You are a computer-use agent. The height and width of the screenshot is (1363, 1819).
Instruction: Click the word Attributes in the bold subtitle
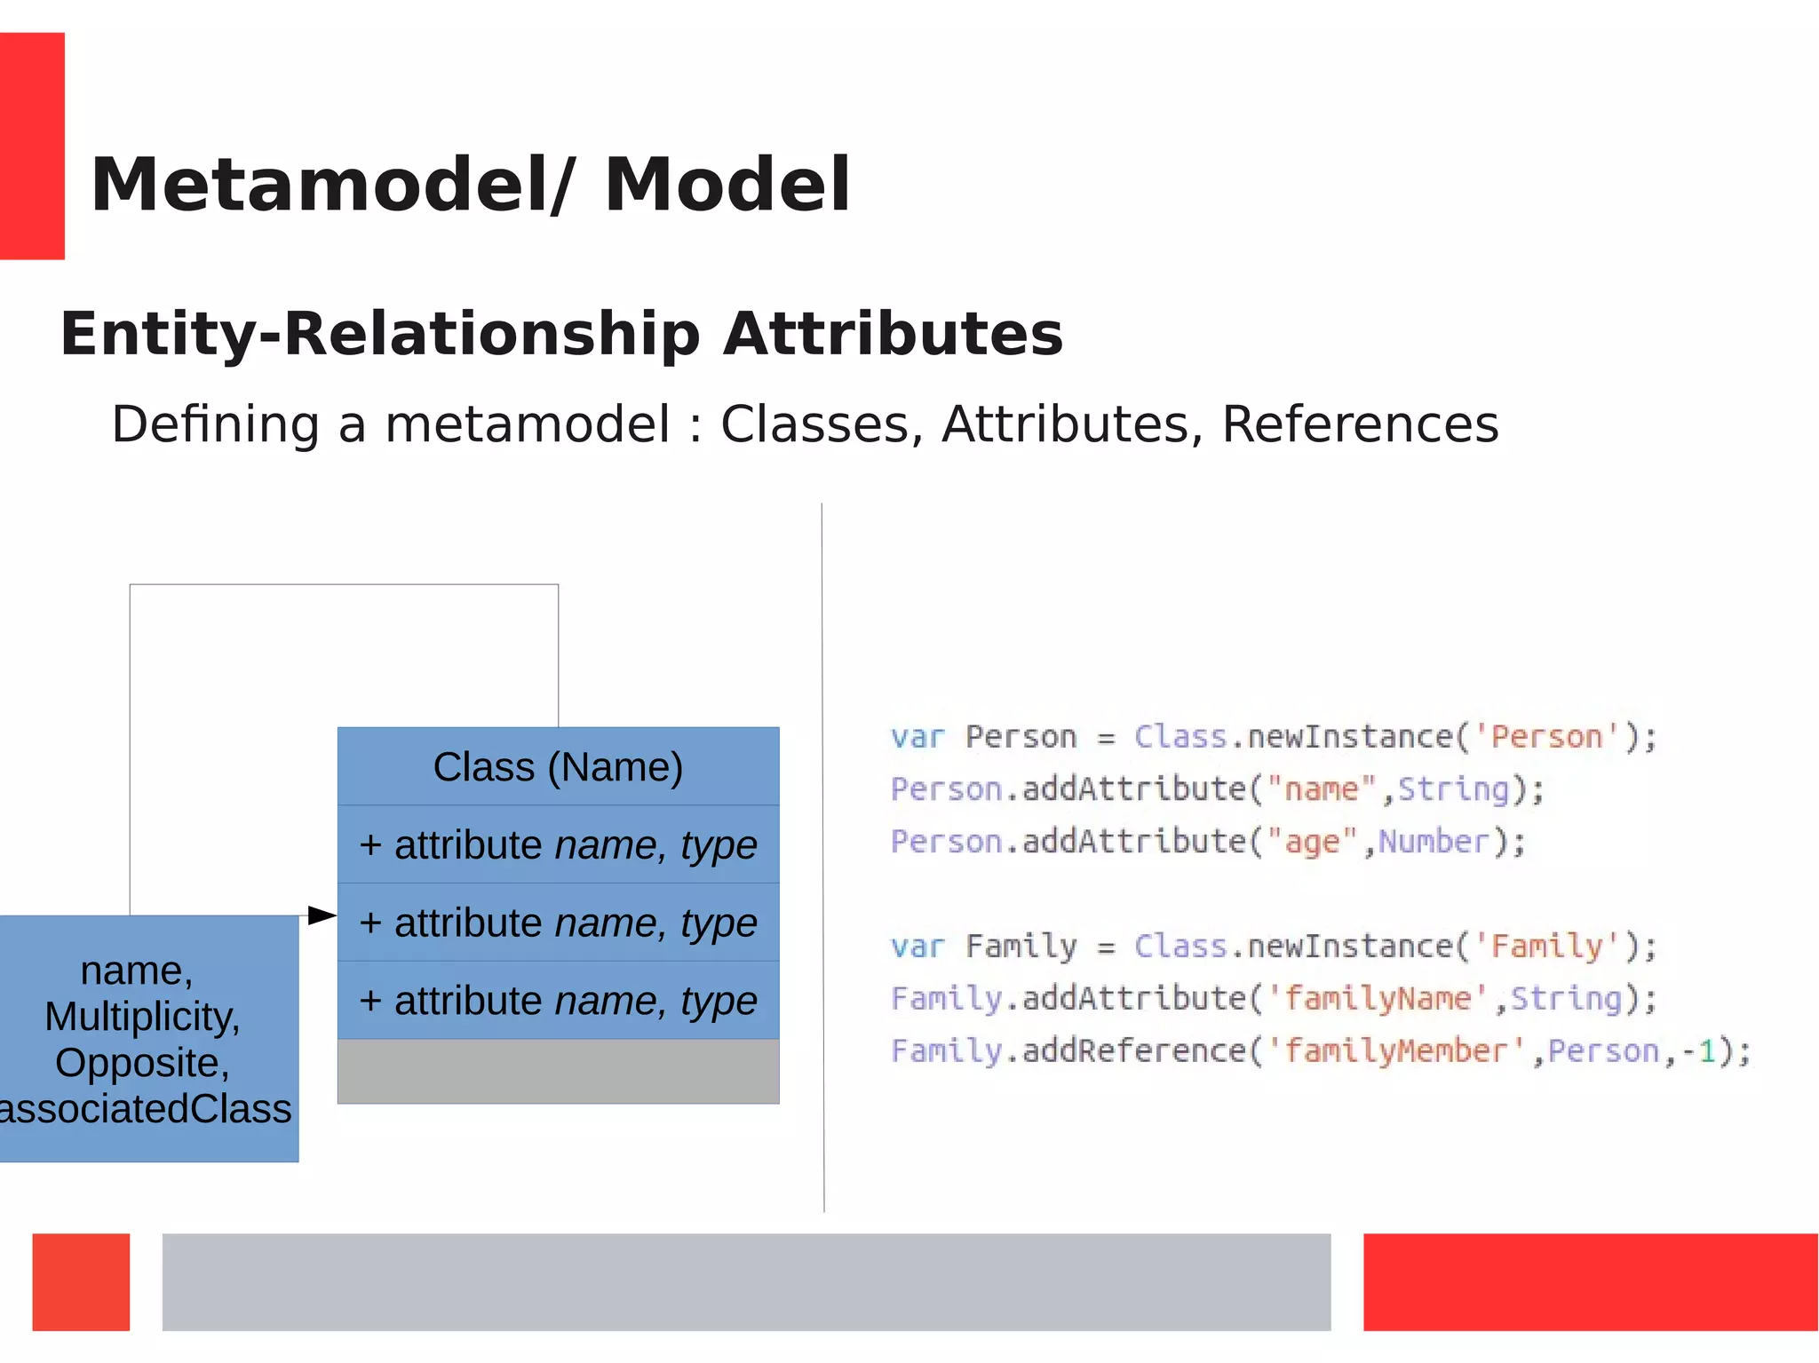(x=893, y=335)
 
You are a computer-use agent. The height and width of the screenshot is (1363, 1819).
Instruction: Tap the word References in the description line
(x=1360, y=424)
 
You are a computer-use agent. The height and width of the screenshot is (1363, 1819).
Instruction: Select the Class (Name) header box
(x=558, y=766)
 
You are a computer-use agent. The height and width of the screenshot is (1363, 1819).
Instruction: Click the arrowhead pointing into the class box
(x=322, y=915)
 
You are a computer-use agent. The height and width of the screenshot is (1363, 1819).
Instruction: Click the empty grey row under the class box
(x=558, y=1072)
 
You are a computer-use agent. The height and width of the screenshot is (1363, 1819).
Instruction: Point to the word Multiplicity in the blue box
(x=142, y=1017)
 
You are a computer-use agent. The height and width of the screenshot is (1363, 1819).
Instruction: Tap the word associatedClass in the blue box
(x=147, y=1109)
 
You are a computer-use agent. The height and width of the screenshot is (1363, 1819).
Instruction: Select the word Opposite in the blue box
(x=142, y=1063)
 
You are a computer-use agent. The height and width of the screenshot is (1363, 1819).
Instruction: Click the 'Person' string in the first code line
(x=1546, y=737)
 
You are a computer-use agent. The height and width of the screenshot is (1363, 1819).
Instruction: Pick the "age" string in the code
(x=1312, y=842)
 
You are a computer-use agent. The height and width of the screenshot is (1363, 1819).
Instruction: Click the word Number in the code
(x=1434, y=842)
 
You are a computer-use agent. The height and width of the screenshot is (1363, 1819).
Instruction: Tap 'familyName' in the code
(x=1377, y=999)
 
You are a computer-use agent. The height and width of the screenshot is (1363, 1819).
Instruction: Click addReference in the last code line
(x=1134, y=1051)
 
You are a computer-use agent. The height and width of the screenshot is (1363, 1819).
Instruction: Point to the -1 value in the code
(x=1698, y=1051)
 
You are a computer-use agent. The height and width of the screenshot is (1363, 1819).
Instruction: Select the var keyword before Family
(x=917, y=947)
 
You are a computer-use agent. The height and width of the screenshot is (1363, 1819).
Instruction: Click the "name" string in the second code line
(x=1321, y=789)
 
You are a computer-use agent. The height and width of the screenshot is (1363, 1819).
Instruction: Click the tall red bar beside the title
(x=32, y=146)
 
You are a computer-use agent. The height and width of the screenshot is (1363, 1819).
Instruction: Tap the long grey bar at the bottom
(x=746, y=1281)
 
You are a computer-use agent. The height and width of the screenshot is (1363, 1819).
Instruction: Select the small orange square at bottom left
(x=81, y=1281)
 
